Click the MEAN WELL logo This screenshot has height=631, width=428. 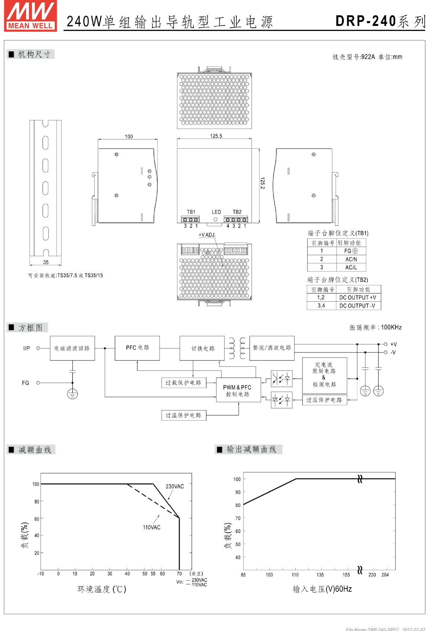31,16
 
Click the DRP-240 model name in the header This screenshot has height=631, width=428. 365,21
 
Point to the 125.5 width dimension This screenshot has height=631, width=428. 216,136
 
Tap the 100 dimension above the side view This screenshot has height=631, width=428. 129,136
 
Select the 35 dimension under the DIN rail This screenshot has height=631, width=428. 46,262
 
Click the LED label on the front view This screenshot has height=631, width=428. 216,212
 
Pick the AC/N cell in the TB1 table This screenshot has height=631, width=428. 351,259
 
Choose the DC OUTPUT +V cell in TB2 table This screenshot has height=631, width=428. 358,297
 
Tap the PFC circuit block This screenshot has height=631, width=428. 137,348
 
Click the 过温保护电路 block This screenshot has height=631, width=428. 184,415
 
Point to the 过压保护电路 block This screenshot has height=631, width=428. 324,400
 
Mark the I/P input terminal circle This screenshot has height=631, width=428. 38,348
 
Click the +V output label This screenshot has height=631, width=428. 393,344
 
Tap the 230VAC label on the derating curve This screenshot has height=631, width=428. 175,486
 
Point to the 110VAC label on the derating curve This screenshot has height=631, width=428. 151,527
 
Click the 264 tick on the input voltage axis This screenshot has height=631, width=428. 385,575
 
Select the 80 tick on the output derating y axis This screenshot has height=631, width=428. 238,505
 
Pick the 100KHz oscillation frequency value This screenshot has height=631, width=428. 391,327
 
